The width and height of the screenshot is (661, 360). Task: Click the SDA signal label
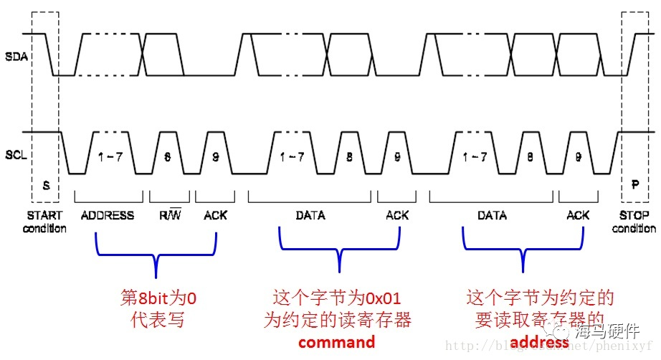click(x=16, y=56)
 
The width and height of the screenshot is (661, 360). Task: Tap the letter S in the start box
click(x=47, y=185)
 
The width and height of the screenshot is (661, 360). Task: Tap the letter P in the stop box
click(x=634, y=185)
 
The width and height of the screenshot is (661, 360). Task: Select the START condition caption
click(x=44, y=222)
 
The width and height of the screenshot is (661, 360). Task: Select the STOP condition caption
click(x=634, y=222)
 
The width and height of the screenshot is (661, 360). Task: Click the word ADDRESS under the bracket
click(x=108, y=215)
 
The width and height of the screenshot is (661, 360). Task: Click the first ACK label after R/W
click(x=215, y=215)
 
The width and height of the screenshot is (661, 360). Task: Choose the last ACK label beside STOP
click(x=578, y=215)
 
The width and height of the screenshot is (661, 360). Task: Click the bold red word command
click(x=336, y=342)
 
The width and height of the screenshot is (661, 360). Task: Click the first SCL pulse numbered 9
click(x=215, y=156)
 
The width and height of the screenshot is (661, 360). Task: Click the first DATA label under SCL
click(x=310, y=215)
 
